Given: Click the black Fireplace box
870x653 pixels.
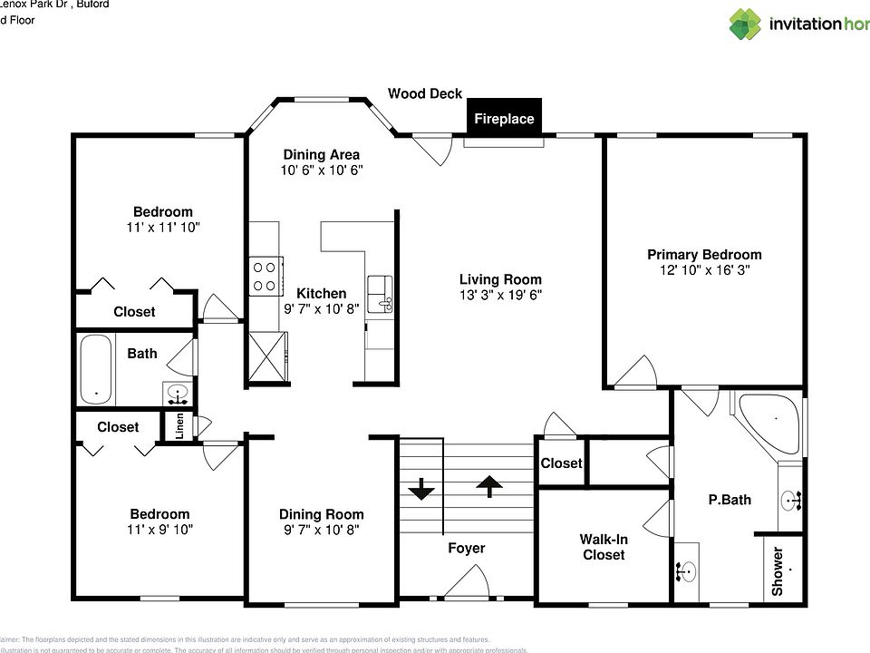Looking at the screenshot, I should pos(504,118).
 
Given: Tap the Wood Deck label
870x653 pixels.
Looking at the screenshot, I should pos(425,93).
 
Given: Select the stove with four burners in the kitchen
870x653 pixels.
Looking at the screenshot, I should pos(264,276).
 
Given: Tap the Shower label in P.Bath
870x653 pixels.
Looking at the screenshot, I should pos(778,571).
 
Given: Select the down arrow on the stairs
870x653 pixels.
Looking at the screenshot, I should pos(421,489).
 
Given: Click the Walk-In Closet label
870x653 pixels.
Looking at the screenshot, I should pos(604,547).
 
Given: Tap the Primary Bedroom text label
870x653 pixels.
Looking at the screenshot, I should pos(704,255).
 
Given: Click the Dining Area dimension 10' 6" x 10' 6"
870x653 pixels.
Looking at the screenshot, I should pos(321,170).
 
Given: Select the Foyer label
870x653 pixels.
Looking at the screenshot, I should pos(467,548).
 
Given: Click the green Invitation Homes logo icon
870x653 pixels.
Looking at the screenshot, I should pos(745,24).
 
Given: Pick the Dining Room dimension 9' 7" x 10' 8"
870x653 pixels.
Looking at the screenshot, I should pos(321,530).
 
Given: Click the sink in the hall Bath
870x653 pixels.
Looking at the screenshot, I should pos(178,393).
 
